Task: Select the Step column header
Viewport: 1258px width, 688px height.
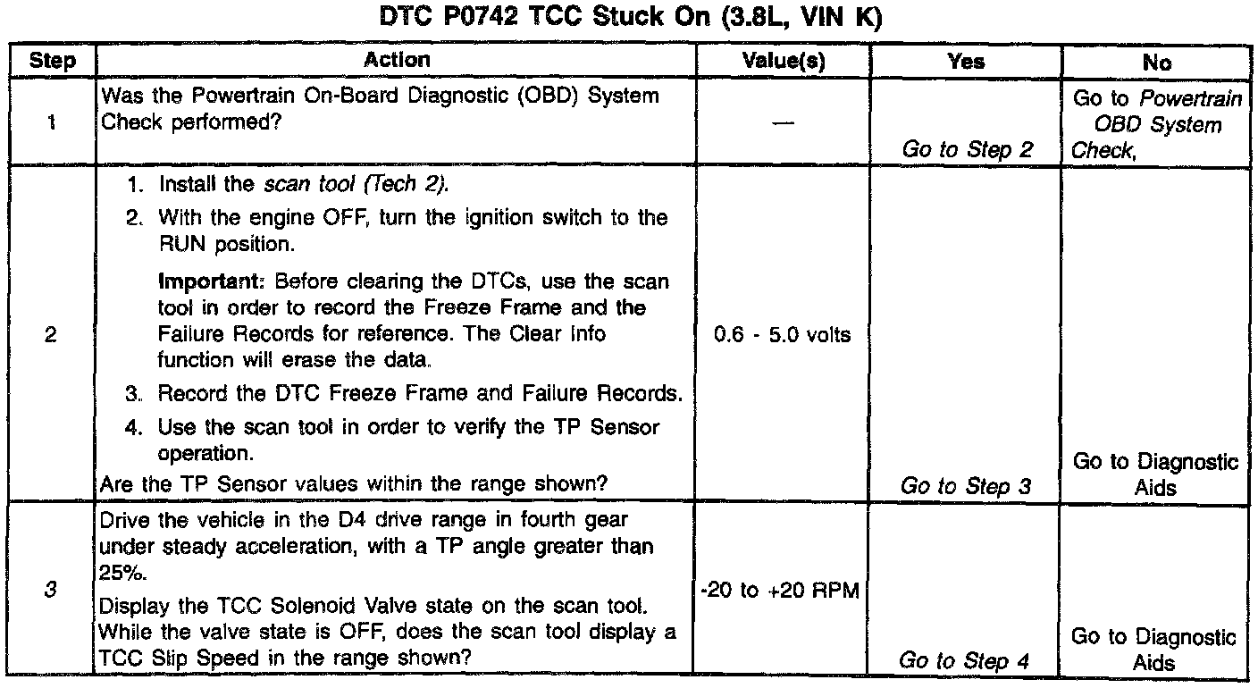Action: click(x=51, y=62)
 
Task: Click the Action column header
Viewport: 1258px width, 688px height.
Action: click(x=397, y=61)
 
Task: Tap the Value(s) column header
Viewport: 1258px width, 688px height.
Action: click(x=784, y=62)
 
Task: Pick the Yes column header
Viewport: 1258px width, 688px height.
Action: click(x=966, y=62)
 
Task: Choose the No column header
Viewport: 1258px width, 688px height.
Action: click(x=1156, y=62)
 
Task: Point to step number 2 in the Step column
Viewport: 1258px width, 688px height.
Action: click(x=51, y=338)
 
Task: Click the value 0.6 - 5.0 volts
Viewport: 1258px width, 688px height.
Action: click(x=784, y=336)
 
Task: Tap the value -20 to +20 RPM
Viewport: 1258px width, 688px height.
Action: click(x=784, y=590)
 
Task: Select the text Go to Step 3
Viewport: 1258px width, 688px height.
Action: click(x=966, y=486)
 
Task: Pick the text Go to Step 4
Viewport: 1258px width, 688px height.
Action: click(x=966, y=660)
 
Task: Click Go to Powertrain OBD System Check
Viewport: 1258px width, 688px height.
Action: click(x=1156, y=125)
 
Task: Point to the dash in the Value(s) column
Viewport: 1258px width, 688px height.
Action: click(x=784, y=125)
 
